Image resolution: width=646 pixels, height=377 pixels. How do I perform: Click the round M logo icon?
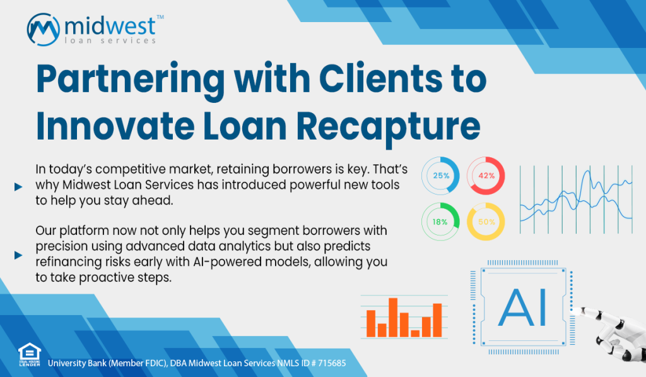coord(44,30)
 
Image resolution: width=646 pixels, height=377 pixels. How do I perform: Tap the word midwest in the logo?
coord(110,27)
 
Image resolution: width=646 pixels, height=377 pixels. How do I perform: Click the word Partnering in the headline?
coord(131,79)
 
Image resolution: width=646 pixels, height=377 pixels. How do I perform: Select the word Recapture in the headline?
coord(389,127)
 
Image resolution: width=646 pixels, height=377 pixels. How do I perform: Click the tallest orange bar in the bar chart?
coord(393,317)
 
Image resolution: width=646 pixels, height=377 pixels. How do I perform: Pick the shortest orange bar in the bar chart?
coord(415,333)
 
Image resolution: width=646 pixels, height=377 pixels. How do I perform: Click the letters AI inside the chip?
coord(522,308)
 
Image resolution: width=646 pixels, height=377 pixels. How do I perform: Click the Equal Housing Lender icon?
coord(30,355)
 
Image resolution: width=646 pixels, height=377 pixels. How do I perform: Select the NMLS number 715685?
coord(332,363)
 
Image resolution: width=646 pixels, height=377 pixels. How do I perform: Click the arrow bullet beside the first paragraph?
coord(18,187)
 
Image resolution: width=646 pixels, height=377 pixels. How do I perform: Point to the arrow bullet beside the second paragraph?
coord(18,255)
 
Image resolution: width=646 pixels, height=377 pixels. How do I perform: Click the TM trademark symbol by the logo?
coord(160,17)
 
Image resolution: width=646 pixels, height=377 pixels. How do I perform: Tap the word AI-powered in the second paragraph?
coord(228,262)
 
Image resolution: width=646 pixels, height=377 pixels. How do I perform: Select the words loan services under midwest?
coord(110,40)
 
